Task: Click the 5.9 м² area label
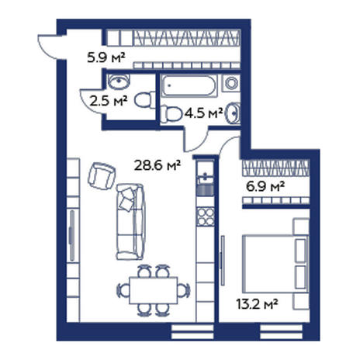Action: tap(106, 57)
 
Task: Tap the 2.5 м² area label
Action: tap(109, 101)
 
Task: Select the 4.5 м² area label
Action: tap(204, 112)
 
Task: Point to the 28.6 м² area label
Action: tap(157, 165)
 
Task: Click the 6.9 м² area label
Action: tap(265, 186)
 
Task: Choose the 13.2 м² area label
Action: tap(257, 304)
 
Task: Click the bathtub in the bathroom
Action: tap(189, 86)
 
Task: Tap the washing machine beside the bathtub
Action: tap(232, 83)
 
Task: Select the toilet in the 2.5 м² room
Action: tap(145, 100)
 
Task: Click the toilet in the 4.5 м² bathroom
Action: tap(171, 114)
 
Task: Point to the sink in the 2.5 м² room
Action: tap(119, 81)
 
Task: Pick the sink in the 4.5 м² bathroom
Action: tap(234, 113)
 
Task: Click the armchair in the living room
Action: tap(102, 176)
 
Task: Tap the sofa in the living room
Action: tap(130, 222)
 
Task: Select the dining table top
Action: tap(154, 290)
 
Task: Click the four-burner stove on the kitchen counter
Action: tap(206, 216)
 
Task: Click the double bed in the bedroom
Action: tap(275, 264)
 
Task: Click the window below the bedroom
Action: tap(282, 332)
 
